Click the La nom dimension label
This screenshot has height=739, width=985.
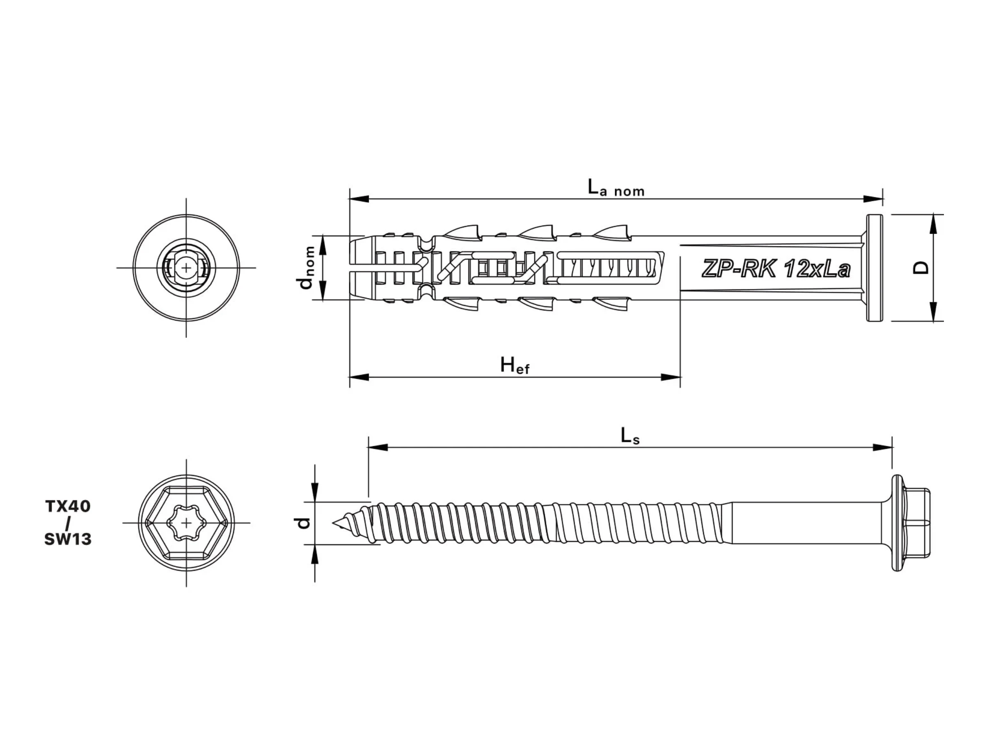[x=616, y=188]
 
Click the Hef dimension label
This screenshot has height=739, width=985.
[x=515, y=366]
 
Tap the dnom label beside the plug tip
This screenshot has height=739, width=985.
[x=307, y=267]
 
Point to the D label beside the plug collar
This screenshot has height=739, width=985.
[x=921, y=268]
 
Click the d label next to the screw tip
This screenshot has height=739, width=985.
[x=304, y=523]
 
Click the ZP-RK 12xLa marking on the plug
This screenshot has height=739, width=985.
[x=776, y=269]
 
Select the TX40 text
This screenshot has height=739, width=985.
[x=68, y=506]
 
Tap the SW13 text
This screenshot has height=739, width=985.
[x=68, y=539]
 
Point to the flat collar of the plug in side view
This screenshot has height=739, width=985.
[x=875, y=268]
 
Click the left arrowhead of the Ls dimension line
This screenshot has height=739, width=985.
[x=378, y=447]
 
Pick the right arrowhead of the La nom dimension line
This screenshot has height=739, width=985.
[x=873, y=199]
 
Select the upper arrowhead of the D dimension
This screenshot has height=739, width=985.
[x=934, y=223]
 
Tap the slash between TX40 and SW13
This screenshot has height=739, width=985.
[x=68, y=523]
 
